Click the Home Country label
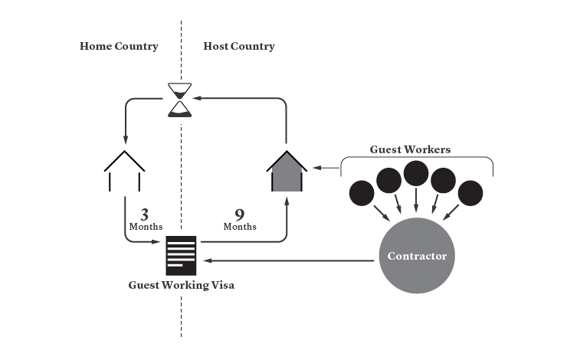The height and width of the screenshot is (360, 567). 119,46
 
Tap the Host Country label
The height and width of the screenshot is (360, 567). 239,46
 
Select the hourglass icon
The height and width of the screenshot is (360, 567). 180,100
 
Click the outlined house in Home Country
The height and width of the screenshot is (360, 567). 124,171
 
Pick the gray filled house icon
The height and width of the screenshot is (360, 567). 287,171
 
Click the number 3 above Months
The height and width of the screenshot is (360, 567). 145,214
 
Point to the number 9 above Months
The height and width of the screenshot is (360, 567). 240,214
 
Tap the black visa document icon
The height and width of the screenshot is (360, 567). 181,256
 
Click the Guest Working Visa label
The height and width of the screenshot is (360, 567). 181,285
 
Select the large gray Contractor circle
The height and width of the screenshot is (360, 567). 417,256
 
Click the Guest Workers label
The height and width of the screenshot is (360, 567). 410,149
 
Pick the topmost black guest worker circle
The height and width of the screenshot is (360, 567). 416,174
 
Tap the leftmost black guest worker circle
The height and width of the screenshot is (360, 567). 362,193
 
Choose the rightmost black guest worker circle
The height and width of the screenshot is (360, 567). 470,193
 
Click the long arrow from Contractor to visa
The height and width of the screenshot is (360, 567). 289,260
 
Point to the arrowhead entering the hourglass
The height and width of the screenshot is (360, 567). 197,98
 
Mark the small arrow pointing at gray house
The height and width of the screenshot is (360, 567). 326,168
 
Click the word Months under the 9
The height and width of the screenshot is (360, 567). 240,227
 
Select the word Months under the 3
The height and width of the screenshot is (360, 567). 146,227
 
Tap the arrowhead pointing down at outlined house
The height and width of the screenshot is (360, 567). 125,140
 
